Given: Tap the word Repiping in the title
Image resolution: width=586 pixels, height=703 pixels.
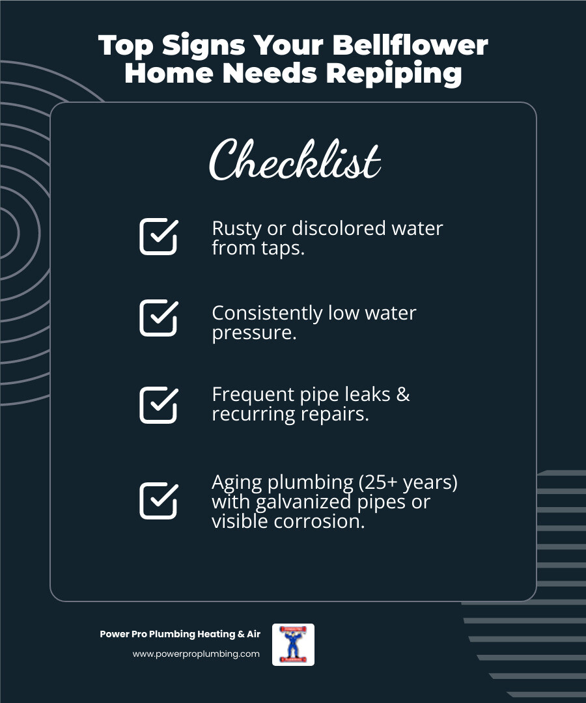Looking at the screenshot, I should coord(394,73).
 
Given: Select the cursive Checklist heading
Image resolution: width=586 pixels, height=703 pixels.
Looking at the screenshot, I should coord(294,161).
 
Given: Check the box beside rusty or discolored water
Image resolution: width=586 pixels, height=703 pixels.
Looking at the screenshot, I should coord(158,236).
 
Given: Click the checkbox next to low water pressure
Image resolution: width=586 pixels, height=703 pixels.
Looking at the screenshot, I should coord(158,318).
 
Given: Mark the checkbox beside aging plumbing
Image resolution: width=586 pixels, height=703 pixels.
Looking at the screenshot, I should coord(158,501).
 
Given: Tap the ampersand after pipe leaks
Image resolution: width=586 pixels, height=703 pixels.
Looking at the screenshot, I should coord(402,394).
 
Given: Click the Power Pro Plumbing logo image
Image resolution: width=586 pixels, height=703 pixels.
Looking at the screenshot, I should coord(293,644).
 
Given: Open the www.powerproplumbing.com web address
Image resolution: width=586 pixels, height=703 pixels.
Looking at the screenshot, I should coord(196,654).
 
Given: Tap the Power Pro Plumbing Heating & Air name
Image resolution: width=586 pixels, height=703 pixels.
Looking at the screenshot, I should coord(180,634).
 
